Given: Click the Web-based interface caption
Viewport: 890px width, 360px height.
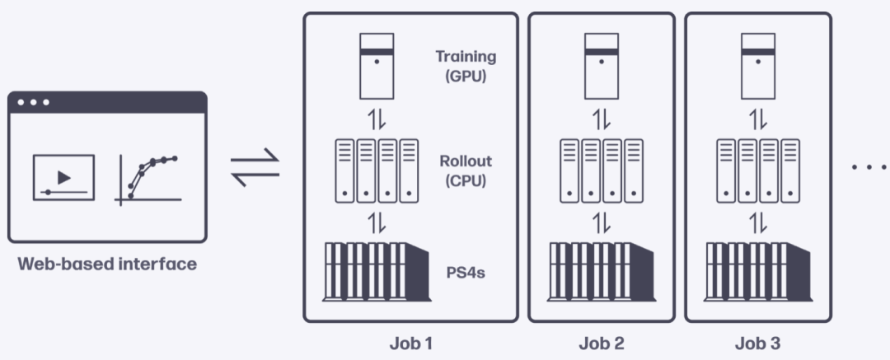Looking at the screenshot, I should coord(107,264).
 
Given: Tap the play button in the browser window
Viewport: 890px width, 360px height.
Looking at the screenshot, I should coord(63,176).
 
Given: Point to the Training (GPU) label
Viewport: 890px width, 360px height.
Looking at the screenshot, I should coord(466,65).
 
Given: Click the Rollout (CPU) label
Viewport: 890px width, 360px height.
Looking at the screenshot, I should coord(466,171).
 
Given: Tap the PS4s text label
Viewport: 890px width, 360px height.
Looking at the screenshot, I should coord(466,272).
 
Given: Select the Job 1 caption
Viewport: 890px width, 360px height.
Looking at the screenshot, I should coord(410,342).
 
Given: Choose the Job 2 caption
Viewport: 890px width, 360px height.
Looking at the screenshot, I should coord(601,342).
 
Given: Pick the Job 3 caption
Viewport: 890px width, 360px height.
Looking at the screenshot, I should coord(757,342).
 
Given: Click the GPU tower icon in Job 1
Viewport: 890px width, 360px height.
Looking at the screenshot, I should coord(376,66).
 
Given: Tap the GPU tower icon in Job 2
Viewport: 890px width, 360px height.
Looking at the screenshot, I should coord(602,66).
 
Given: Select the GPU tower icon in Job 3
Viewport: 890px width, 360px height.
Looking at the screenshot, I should coord(757,66).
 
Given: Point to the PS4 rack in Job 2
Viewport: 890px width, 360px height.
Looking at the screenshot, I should coord(602,272).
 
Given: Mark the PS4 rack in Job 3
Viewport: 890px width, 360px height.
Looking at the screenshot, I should coord(757,272).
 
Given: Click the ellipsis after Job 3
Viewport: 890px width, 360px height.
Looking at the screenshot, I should coord(868,168).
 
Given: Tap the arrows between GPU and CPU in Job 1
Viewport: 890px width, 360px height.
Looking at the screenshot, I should coord(376,119).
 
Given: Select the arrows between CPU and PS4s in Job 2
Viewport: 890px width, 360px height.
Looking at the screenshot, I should coord(602,222).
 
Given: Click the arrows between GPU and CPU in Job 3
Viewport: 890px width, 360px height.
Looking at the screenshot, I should coord(757,119).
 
